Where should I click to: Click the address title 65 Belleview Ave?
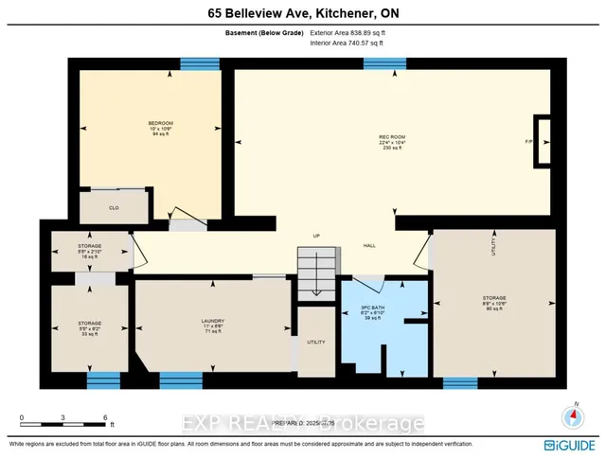[303, 11]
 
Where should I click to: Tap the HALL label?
[370, 246]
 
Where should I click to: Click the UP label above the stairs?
[318, 236]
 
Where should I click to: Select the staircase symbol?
[315, 274]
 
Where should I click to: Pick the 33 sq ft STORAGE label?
[89, 326]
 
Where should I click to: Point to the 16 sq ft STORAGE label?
[89, 249]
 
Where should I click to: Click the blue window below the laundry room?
[181, 380]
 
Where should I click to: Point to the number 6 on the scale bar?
[106, 416]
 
